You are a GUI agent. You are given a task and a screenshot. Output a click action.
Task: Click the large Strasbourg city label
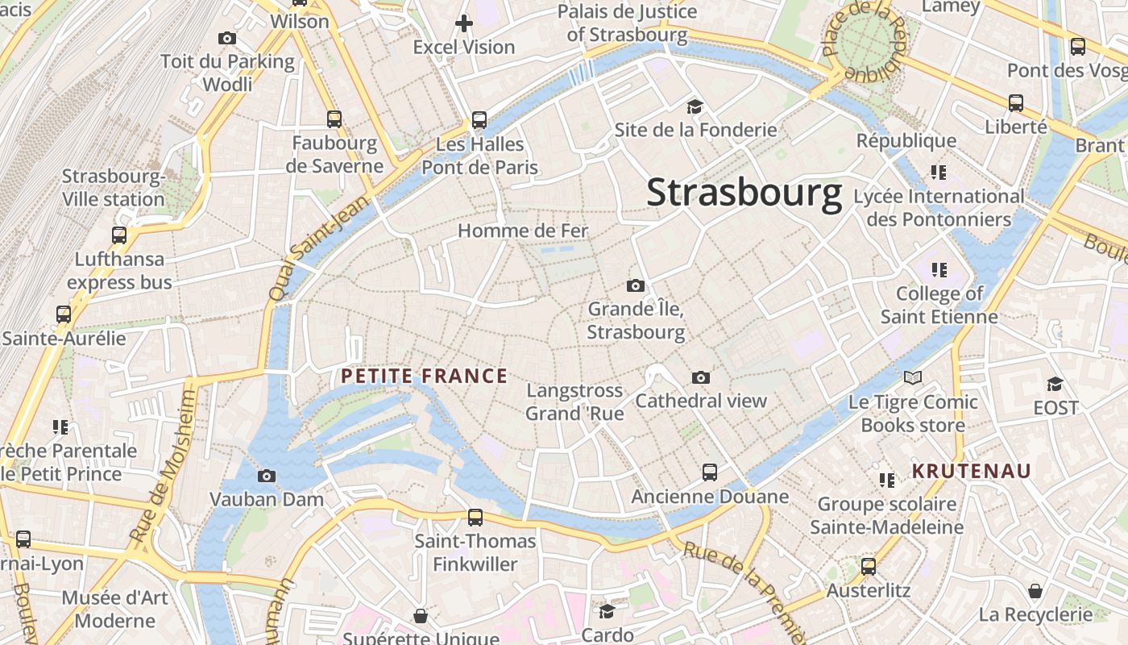pos(744,193)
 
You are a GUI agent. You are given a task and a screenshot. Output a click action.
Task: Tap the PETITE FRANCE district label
pos(424,376)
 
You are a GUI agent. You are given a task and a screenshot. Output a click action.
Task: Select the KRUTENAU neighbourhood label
pos(971,471)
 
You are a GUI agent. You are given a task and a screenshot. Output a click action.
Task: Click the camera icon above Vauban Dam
pos(267,476)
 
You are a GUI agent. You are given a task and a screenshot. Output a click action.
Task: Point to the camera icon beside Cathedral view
pos(701,377)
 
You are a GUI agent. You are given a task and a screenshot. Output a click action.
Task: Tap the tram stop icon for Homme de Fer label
pos(523,231)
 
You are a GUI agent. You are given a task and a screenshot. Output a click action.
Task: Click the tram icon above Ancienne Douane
pos(710,472)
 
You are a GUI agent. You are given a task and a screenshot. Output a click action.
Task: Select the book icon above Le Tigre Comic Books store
pos(913,377)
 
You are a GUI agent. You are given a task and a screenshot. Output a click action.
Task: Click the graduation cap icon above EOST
pos(1055,384)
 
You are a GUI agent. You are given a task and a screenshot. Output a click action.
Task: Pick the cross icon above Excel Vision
pos(464,23)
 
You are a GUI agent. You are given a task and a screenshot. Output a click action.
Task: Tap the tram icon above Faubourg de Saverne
pos(334,119)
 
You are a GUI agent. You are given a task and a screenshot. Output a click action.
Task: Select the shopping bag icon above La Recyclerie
pos(1035,591)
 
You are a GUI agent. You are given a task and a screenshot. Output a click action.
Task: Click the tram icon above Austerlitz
pos(869,567)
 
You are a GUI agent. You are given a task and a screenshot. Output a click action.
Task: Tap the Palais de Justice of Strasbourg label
pos(627,23)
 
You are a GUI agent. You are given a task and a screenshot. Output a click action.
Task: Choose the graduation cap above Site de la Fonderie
pos(695,106)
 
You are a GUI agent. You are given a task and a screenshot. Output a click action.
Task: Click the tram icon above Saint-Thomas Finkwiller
pos(475,517)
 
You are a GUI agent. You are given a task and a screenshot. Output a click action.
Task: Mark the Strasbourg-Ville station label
pos(113,188)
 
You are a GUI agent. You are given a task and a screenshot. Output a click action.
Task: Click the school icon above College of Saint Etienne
pos(939,270)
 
